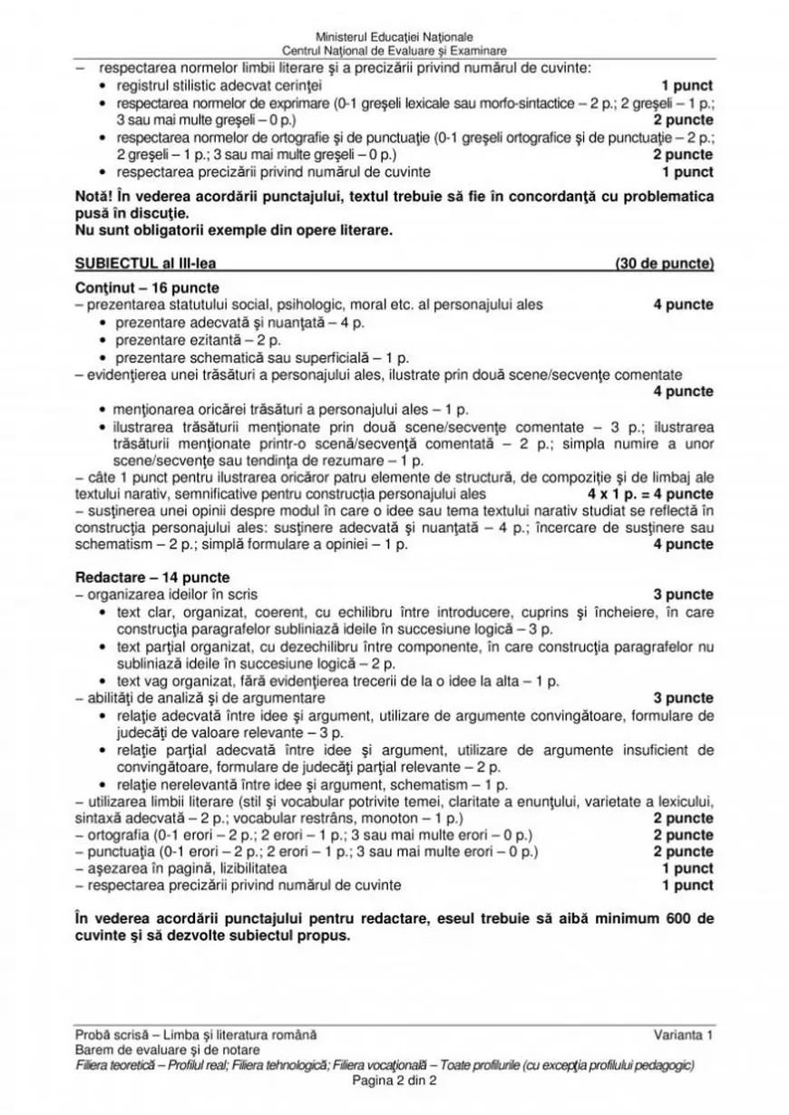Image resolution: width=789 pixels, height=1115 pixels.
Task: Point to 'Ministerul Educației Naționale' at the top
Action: [x=394, y=37]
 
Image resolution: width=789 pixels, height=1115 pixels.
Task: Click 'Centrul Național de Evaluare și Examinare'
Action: [x=394, y=52]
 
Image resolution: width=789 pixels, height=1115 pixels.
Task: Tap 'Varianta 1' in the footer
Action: [x=683, y=1034]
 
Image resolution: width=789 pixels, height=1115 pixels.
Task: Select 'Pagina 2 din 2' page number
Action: [x=394, y=1081]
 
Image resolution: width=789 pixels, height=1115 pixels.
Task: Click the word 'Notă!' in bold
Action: [x=94, y=197]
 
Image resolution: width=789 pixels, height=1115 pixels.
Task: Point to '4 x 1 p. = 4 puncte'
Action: [x=650, y=494]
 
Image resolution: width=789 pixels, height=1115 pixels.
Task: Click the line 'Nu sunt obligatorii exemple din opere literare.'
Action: [x=234, y=230]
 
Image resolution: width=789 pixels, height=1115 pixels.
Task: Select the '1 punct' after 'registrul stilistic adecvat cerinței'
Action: [x=687, y=85]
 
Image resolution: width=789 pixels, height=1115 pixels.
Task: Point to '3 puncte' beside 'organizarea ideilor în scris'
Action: [x=683, y=595]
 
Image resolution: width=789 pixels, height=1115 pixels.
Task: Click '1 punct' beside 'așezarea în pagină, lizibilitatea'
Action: [x=687, y=868]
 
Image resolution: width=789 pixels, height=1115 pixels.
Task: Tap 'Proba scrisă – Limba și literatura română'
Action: [x=196, y=1034]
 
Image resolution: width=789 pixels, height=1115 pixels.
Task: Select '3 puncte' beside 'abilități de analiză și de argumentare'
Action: [x=683, y=699]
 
